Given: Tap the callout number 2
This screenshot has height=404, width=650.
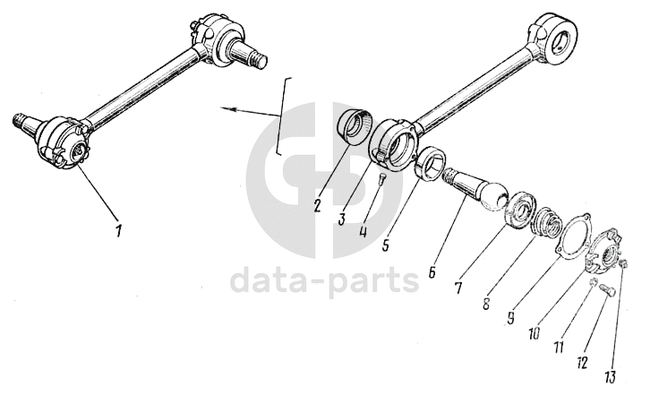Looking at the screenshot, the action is pos(318,203).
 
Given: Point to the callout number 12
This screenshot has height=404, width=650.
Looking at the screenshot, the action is pos(582,361).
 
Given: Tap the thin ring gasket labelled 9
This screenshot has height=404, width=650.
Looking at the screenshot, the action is pos(565,235).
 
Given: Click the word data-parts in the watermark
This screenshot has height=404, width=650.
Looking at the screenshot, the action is pos(324,280).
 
